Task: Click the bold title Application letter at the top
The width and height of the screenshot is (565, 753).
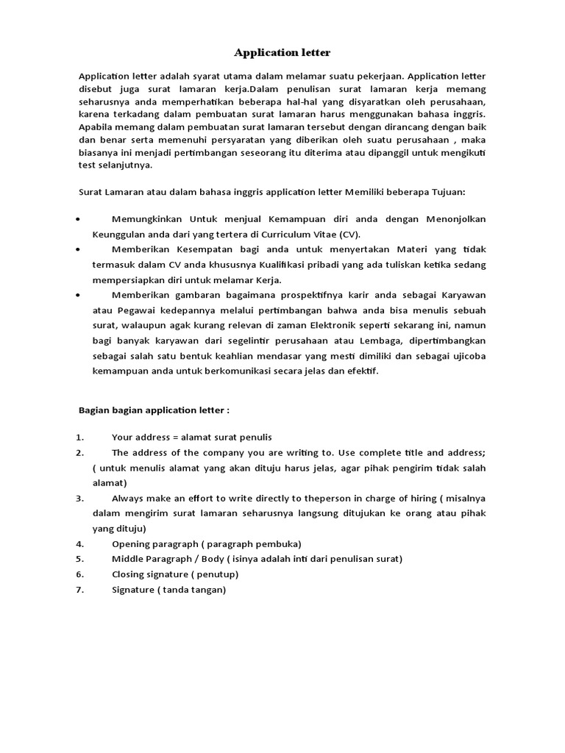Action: (282, 52)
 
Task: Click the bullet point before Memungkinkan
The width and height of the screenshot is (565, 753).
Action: (79, 220)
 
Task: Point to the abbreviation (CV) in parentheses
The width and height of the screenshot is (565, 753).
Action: (350, 235)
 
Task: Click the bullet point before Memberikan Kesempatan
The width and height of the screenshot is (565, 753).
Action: (79, 250)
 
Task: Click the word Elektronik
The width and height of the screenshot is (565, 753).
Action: (334, 325)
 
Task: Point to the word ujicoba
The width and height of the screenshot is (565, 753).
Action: (466, 356)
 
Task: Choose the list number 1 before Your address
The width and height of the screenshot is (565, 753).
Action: (80, 438)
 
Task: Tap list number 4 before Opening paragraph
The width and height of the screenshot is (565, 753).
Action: (80, 544)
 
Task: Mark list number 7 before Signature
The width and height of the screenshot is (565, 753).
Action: (80, 590)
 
